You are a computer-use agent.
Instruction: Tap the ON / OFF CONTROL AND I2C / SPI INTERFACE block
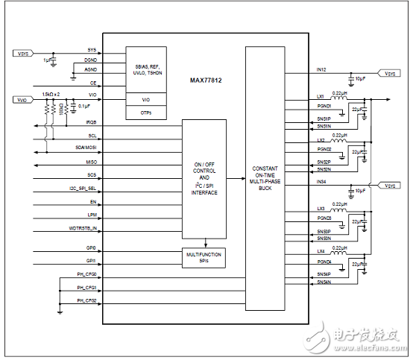click(x=204, y=179)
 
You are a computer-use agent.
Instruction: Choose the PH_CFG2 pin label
click(x=87, y=300)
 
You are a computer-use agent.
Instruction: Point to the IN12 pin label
click(x=321, y=69)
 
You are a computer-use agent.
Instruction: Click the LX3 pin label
click(x=321, y=209)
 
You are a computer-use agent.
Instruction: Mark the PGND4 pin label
click(x=323, y=262)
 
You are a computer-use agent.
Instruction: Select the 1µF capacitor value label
click(x=47, y=59)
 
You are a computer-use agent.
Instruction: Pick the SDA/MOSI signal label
click(x=87, y=148)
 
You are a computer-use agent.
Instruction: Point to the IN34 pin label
click(x=321, y=181)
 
